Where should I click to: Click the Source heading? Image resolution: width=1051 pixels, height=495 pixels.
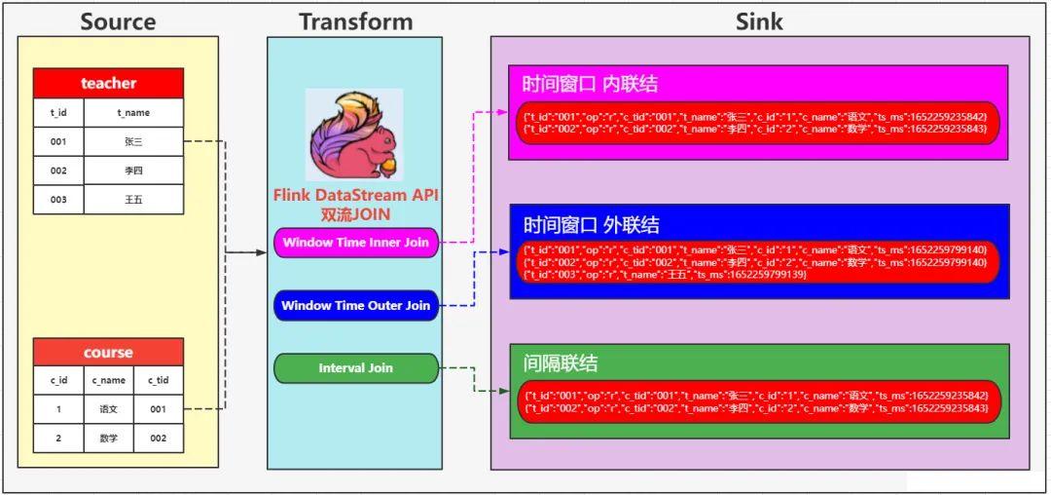tap(117, 20)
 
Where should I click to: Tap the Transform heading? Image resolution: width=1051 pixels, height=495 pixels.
tap(355, 20)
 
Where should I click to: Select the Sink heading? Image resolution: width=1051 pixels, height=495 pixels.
tap(759, 20)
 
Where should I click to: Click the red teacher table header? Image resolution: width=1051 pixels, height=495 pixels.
tap(108, 84)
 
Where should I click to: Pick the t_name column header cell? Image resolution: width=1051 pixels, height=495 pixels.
tap(133, 113)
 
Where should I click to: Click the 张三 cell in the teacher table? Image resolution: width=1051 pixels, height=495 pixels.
tap(133, 141)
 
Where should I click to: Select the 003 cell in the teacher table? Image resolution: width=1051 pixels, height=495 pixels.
tap(58, 199)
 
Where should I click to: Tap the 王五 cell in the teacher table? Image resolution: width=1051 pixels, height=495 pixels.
tap(133, 199)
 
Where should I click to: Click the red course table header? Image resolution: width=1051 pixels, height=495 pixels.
tap(108, 352)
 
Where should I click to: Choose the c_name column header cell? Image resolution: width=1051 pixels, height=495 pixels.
tap(108, 381)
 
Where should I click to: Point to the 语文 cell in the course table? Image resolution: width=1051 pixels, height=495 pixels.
tap(108, 409)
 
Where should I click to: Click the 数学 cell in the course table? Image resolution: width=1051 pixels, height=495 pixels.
tap(108, 438)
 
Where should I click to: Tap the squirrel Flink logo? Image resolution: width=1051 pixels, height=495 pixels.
tap(353, 135)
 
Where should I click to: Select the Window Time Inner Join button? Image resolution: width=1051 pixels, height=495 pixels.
tap(355, 243)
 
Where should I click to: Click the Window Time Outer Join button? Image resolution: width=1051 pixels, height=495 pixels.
tap(355, 306)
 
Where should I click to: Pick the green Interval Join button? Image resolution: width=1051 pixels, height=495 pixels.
tap(355, 368)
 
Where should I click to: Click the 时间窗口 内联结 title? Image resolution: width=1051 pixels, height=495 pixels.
tap(590, 84)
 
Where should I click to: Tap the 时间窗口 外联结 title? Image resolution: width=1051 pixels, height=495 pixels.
tap(591, 225)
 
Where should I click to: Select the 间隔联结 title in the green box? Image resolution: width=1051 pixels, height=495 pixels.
tap(561, 363)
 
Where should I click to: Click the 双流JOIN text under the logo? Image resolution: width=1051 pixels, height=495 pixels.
tap(355, 213)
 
